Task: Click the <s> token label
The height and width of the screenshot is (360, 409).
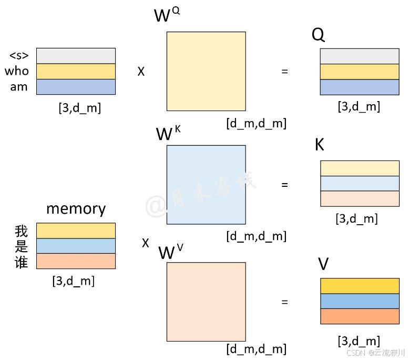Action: (19, 55)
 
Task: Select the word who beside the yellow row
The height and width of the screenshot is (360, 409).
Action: (17, 71)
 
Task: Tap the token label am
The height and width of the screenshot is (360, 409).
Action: (19, 87)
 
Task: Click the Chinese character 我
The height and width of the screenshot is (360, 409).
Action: (21, 231)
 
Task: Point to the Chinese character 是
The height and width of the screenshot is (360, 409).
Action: (21, 246)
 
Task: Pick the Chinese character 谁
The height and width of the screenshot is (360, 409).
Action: (21, 261)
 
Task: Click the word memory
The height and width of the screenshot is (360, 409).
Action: (76, 208)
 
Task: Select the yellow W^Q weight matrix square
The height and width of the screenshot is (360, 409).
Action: (206, 71)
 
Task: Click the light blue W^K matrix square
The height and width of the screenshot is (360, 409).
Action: (206, 184)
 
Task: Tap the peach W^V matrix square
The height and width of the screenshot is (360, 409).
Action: (206, 302)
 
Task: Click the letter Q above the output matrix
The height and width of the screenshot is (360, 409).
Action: (318, 35)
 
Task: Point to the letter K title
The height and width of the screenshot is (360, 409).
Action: (319, 145)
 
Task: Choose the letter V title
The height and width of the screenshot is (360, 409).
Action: (323, 264)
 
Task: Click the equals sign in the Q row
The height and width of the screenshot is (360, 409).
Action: (285, 71)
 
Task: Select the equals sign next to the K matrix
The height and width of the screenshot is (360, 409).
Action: (285, 185)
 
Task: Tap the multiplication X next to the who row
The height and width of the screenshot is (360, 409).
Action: (141, 72)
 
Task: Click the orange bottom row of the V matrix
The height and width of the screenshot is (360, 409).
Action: (360, 316)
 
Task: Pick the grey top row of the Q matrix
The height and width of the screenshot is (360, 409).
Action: (360, 56)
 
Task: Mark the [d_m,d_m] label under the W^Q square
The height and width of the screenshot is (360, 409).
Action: (257, 124)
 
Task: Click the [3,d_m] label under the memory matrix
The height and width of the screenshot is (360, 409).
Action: (74, 281)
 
